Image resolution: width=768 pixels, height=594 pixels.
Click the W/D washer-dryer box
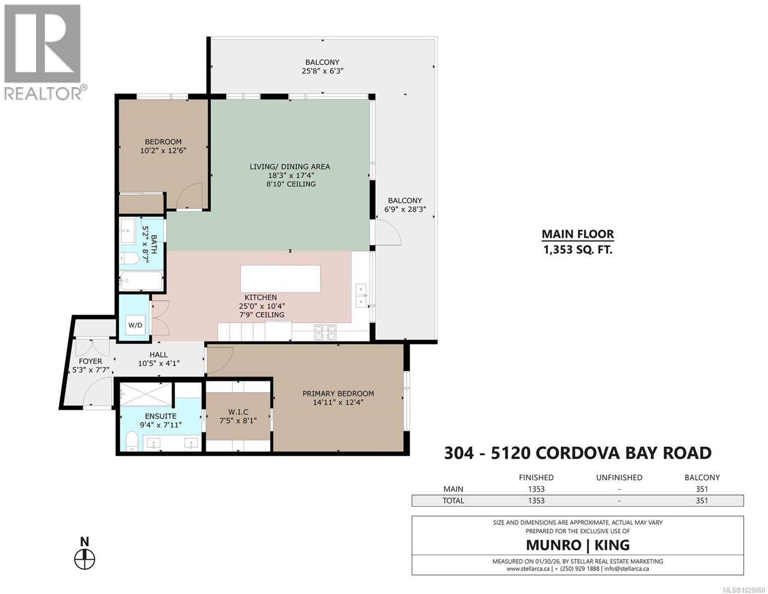pyautogui.click(x=135, y=325)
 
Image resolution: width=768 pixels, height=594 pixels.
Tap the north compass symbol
pyautogui.click(x=85, y=559)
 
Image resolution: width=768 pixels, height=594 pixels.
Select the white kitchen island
pyautogui.click(x=280, y=279)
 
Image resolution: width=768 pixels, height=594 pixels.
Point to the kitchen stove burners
pyautogui.click(x=325, y=333)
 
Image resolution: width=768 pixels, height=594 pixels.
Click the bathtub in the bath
pyautogui.click(x=141, y=281)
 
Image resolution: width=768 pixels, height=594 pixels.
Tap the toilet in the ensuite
pyautogui.click(x=132, y=440)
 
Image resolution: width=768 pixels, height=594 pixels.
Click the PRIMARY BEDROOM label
pyautogui.click(x=338, y=394)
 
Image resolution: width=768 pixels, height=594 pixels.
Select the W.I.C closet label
pyautogui.click(x=238, y=412)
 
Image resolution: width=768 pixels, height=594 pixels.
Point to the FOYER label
pyautogui.click(x=90, y=361)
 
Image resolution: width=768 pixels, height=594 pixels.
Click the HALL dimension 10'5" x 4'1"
pyautogui.click(x=158, y=363)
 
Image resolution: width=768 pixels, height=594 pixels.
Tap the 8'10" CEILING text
pyautogui.click(x=289, y=184)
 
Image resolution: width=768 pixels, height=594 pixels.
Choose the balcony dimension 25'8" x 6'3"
pyautogui.click(x=322, y=71)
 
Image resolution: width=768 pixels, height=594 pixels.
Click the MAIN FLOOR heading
pyautogui.click(x=577, y=234)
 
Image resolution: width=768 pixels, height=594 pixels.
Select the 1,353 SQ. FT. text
pyautogui.click(x=577, y=249)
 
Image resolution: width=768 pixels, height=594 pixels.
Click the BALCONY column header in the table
pyautogui.click(x=702, y=478)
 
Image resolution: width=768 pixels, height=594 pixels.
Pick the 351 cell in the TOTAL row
pyautogui.click(x=702, y=500)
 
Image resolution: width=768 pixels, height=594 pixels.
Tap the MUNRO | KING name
pyautogui.click(x=577, y=545)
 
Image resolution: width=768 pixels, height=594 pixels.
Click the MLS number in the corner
pyautogui.click(x=744, y=590)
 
